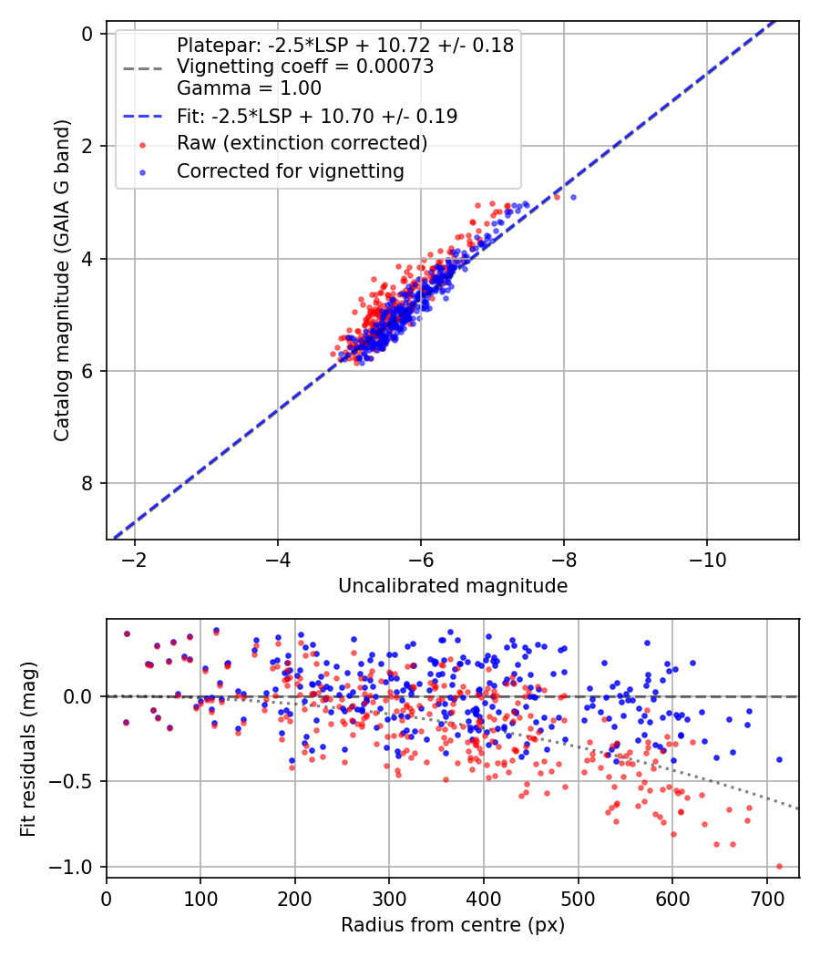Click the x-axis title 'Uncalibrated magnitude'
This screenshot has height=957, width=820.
click(x=453, y=586)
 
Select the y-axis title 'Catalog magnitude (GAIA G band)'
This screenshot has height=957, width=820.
click(x=62, y=283)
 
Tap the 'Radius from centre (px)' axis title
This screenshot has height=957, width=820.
click(x=453, y=925)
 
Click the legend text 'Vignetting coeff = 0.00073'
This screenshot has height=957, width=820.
click(x=305, y=67)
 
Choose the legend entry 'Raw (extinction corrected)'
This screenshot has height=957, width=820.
click(x=302, y=143)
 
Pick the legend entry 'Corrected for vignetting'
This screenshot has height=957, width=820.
click(x=291, y=170)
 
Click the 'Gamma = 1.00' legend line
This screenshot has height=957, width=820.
click(x=249, y=88)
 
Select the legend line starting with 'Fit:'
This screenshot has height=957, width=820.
click(x=317, y=116)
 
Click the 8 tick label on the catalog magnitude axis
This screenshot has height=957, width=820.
click(x=88, y=483)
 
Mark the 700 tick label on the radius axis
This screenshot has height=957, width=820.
click(x=766, y=898)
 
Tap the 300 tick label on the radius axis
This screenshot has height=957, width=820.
click(x=389, y=898)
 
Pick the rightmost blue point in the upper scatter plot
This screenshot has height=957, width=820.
click(x=573, y=197)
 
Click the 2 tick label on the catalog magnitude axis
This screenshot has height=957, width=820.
click(x=88, y=146)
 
